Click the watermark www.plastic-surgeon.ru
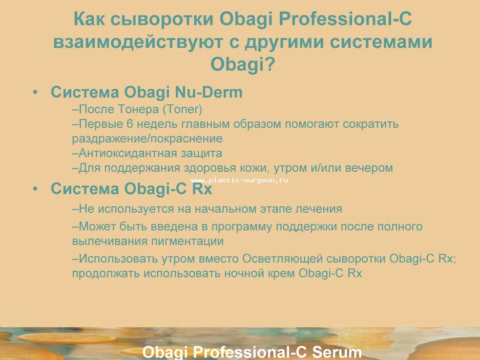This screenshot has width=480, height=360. [x=239, y=180]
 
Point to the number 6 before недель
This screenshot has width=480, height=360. [x=129, y=124]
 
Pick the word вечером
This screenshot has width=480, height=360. [x=369, y=168]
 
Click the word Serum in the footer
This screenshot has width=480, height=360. [x=337, y=352]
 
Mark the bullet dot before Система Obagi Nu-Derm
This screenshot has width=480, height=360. [x=36, y=92]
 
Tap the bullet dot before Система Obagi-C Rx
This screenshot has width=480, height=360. [x=36, y=189]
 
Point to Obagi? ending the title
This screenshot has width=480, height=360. [x=243, y=64]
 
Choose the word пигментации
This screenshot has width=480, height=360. [x=188, y=241]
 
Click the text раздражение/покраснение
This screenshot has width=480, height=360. [x=147, y=139]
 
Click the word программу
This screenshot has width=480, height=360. [x=242, y=227]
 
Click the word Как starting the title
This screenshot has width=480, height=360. [x=89, y=19]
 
